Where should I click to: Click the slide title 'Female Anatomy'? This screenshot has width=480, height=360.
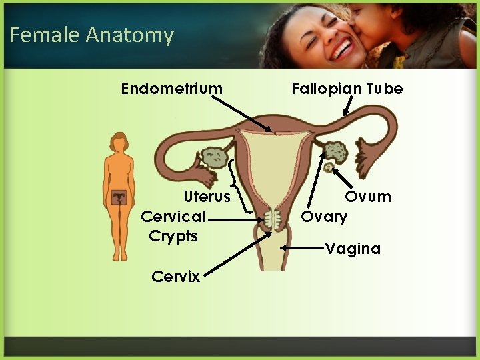[91, 35]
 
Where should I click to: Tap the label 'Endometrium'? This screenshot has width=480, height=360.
[172, 89]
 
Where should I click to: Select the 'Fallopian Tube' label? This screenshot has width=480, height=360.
[347, 89]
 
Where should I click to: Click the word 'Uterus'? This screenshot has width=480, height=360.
[207, 197]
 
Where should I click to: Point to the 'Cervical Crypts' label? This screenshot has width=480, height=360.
[173, 226]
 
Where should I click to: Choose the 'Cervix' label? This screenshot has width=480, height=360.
[175, 277]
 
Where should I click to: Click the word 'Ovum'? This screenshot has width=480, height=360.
[368, 197]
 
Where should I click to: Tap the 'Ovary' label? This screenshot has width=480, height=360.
[324, 217]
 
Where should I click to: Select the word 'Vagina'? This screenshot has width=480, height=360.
[353, 249]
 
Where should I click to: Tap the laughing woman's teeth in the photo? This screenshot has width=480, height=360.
[343, 49]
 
